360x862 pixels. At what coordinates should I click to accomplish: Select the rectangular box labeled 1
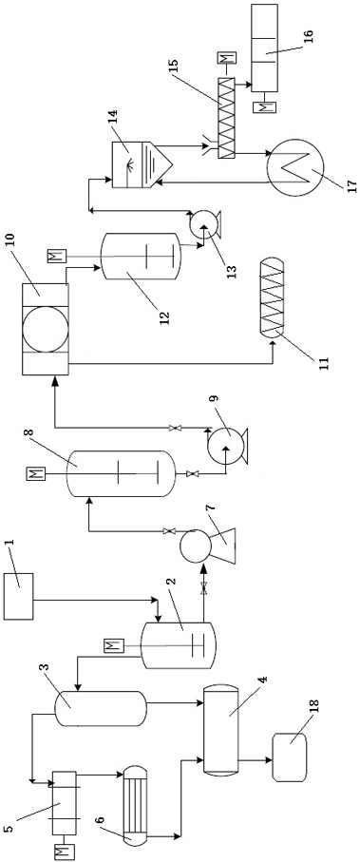(18, 596)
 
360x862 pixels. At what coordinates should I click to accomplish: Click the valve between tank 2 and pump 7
(204, 588)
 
